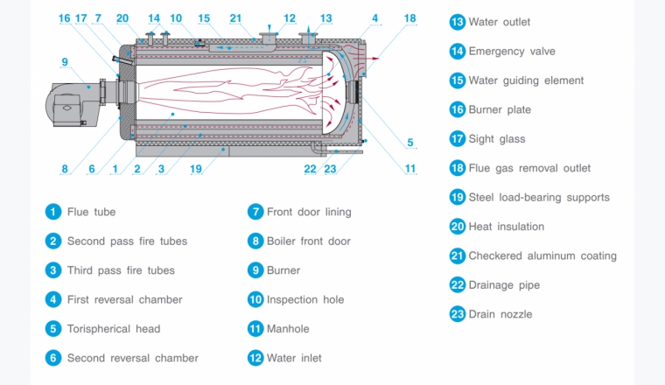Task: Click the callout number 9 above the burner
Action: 65,61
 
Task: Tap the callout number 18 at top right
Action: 410,18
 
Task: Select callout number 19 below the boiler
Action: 196,169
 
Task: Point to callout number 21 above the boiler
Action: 235,18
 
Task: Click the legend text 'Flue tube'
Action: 91,212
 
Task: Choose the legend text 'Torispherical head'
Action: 114,329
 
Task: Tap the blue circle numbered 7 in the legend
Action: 255,212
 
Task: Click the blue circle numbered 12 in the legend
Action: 255,358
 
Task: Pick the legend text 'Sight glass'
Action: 497,139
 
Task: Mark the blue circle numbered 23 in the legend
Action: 458,314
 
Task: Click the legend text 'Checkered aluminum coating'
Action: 542,256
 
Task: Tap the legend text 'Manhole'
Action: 288,329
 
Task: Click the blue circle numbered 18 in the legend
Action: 458,168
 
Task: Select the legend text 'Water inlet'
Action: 296,358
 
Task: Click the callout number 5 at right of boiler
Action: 410,143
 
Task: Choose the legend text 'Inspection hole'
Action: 305,299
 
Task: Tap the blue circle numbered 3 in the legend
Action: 54,270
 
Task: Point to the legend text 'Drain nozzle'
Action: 500,314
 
